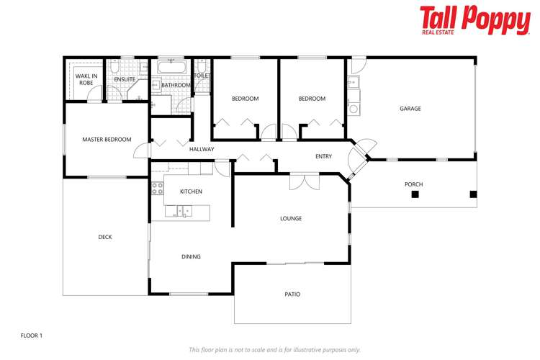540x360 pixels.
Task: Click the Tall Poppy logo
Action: coord(474,20)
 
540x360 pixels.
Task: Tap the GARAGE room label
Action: coord(410,109)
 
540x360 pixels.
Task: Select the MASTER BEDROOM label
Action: coord(107,139)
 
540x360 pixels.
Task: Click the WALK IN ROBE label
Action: coord(86,78)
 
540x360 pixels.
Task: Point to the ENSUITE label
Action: coord(125,79)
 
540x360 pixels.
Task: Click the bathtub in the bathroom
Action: coord(173,67)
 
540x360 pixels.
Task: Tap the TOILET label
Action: coord(202,75)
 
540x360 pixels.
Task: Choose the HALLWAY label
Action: coord(202,149)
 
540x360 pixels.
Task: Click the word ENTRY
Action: coord(324,156)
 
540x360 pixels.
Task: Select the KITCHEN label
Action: coord(191,192)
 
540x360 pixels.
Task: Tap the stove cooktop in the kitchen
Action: coord(158,189)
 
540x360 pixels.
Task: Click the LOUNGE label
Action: coord(291,218)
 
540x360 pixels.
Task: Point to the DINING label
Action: coord(191,256)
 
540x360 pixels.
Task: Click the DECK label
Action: coord(105,237)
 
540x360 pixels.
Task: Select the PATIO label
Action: coord(292,294)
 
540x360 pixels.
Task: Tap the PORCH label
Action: coord(413,184)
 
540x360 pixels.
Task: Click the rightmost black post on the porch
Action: coord(472,194)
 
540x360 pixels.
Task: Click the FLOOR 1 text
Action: coord(32,336)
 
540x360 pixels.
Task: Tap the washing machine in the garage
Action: coord(354,109)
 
